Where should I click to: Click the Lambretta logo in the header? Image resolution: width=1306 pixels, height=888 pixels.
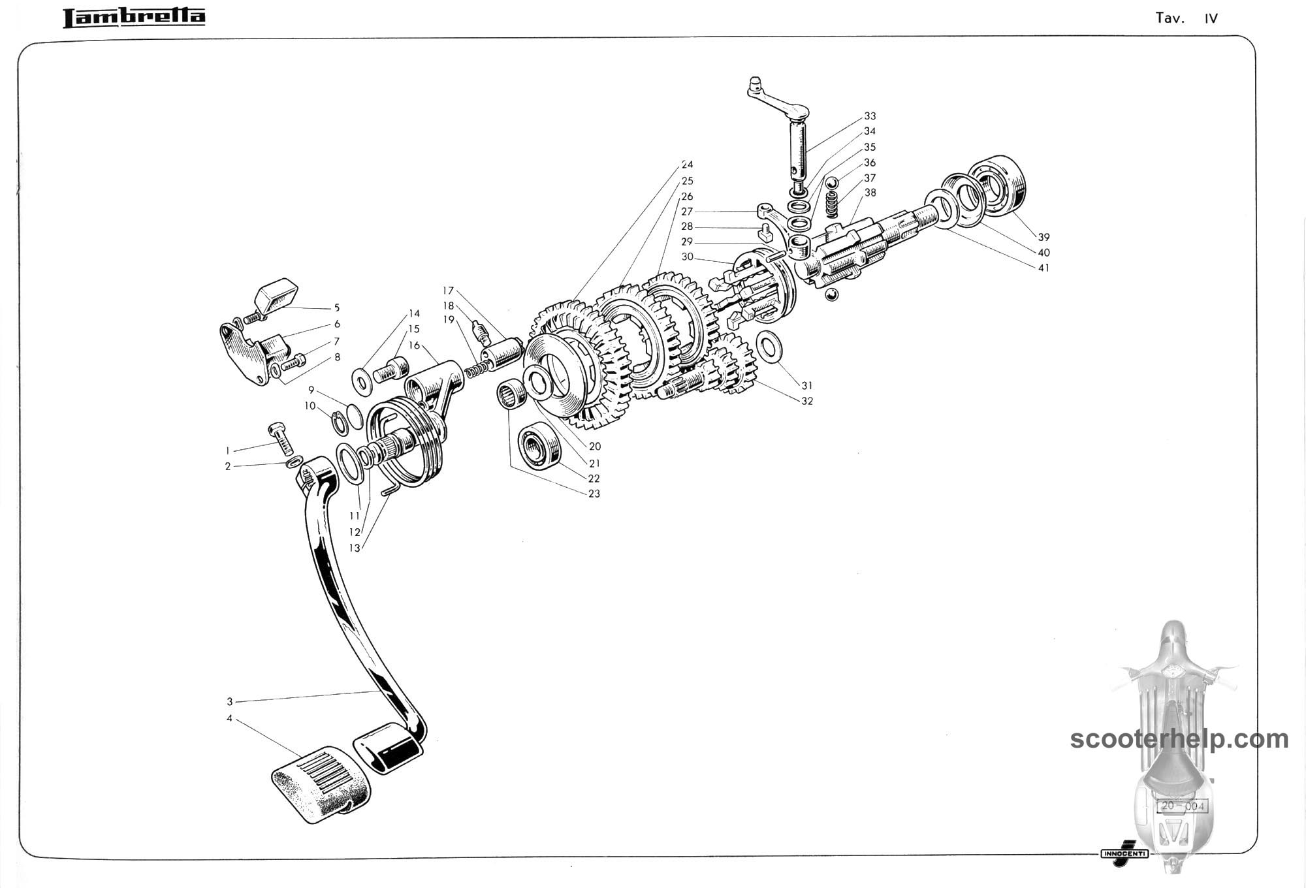pyautogui.click(x=134, y=18)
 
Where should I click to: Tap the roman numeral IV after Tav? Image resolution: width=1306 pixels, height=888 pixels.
pyautogui.click(x=1211, y=18)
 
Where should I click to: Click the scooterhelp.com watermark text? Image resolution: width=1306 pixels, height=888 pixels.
pyautogui.click(x=1179, y=739)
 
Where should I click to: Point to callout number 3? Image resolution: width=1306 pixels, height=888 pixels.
pyautogui.click(x=230, y=702)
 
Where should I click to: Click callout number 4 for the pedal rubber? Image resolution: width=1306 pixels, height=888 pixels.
pyautogui.click(x=230, y=718)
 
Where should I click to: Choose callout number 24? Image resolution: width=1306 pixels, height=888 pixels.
pyautogui.click(x=687, y=165)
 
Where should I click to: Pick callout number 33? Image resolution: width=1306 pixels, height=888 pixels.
pyautogui.click(x=870, y=116)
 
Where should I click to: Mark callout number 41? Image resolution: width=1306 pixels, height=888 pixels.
pyautogui.click(x=1043, y=268)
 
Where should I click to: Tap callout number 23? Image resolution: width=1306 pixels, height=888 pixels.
pyautogui.click(x=594, y=494)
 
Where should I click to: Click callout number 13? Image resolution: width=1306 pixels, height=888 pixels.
pyautogui.click(x=355, y=548)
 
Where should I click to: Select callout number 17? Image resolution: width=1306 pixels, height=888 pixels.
pyautogui.click(x=448, y=291)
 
